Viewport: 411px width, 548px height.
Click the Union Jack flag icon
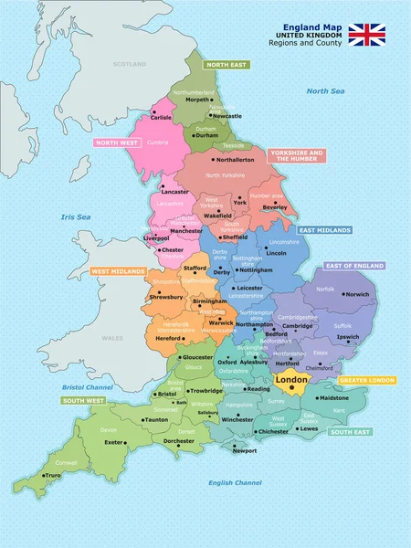(x=367, y=35)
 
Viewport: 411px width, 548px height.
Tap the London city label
(x=290, y=380)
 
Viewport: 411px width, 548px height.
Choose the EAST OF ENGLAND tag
(x=353, y=266)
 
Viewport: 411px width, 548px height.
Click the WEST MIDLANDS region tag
(x=117, y=271)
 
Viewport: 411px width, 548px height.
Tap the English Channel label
(x=235, y=482)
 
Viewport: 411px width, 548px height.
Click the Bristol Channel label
(x=86, y=388)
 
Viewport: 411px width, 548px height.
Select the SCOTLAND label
(x=129, y=64)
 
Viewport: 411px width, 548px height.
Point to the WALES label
(x=111, y=338)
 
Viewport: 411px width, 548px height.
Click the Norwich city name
(x=357, y=294)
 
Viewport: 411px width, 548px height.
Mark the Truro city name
(x=53, y=475)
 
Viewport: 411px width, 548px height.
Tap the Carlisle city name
(x=161, y=117)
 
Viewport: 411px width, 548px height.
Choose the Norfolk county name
(x=325, y=289)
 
